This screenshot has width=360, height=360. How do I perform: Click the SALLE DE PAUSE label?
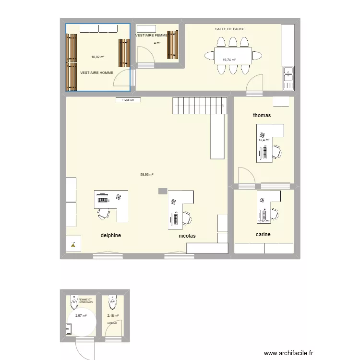230,29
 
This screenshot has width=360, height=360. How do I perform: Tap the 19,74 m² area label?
229,60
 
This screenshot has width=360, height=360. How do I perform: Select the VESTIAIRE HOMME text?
97,72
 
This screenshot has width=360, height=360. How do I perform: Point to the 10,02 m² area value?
98,57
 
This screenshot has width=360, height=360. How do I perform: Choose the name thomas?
262,116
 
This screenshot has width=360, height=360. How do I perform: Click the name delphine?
110,236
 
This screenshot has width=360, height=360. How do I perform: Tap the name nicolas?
187,236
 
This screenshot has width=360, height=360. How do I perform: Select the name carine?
263,235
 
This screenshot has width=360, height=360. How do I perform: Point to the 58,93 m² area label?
147,175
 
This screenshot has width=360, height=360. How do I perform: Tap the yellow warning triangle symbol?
73,245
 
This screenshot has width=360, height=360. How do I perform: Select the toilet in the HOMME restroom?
112,302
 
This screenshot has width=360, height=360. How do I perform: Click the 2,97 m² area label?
81,316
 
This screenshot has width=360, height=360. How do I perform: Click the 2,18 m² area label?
113,316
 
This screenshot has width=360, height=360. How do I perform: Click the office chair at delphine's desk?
103,213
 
